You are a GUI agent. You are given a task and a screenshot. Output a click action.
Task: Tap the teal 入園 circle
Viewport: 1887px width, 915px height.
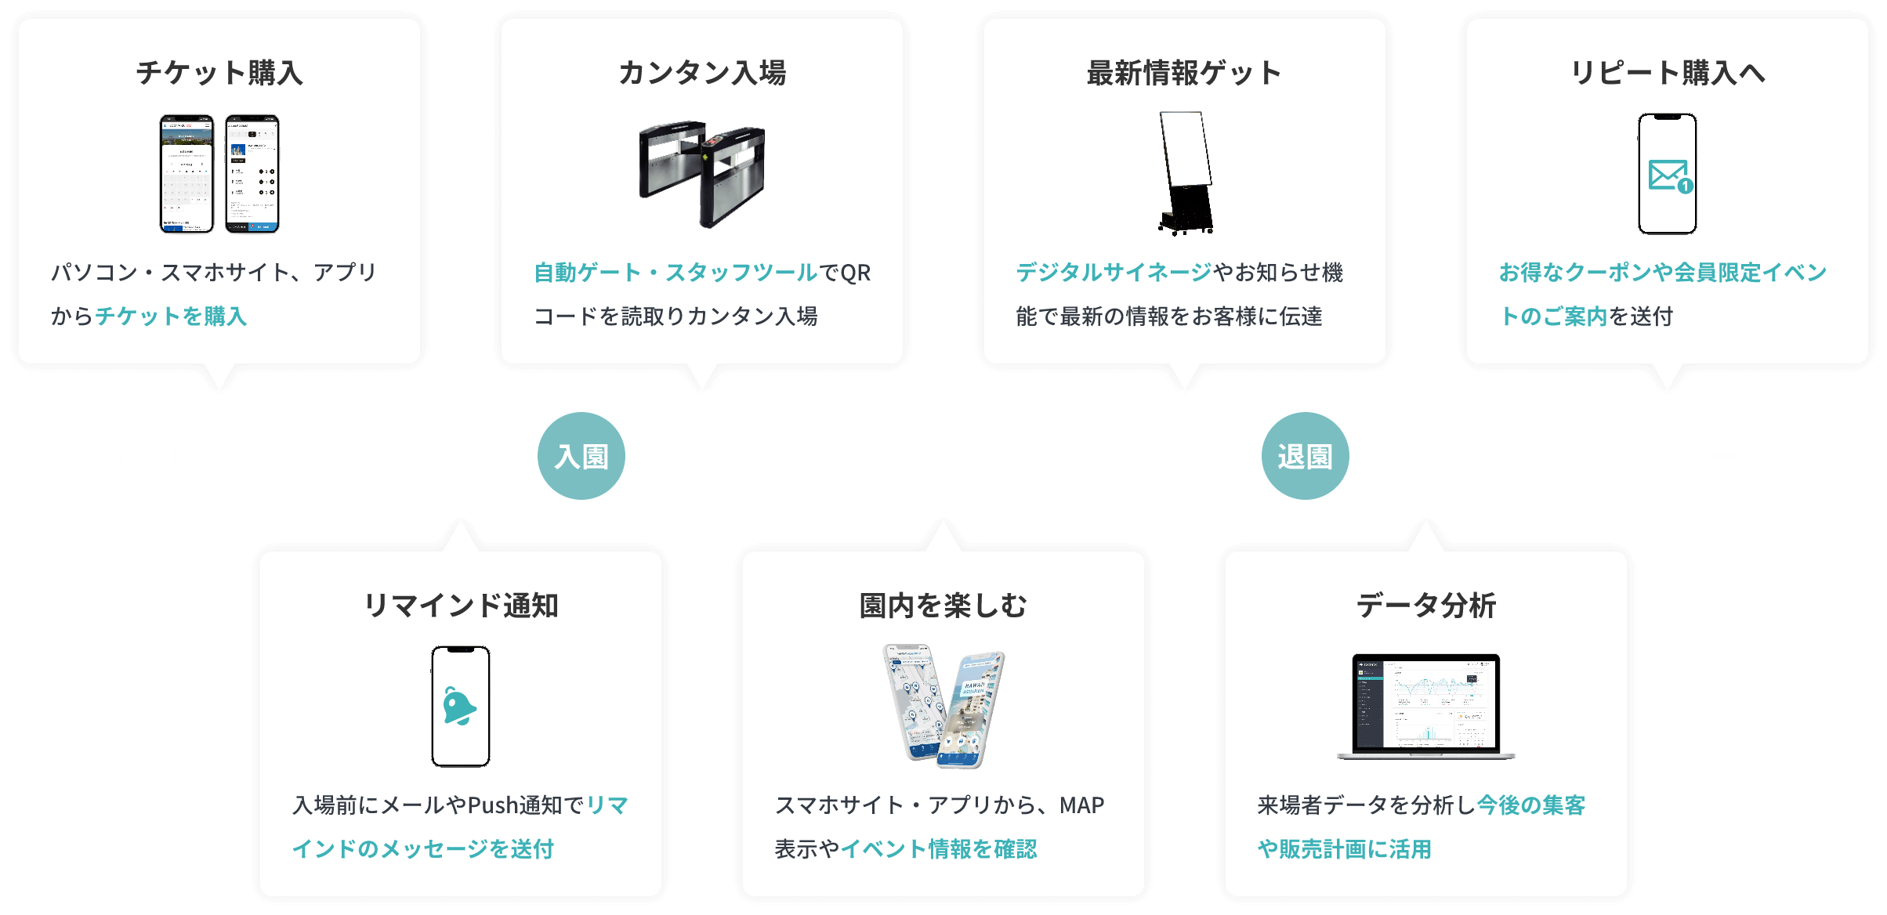coord(581,456)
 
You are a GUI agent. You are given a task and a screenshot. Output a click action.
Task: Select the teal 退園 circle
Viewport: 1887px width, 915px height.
coord(1305,456)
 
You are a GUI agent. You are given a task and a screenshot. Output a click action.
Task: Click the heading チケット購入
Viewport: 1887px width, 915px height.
coord(219,73)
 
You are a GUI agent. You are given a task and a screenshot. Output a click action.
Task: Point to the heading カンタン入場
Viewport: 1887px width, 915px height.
coord(702,73)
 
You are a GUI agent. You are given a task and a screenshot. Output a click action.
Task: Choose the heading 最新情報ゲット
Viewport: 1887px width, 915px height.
coord(1184,73)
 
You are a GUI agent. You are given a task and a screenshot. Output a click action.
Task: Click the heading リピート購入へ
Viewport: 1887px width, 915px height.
coord(1668,73)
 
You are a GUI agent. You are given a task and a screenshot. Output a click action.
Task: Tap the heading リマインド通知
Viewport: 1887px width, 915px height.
coord(461,606)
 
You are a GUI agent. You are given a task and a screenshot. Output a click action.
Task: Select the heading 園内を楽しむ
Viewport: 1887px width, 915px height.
coord(943,606)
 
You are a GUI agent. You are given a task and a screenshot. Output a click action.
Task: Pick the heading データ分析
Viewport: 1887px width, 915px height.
coord(1426,606)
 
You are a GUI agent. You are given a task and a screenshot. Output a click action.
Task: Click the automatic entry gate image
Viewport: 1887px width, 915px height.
coord(702,173)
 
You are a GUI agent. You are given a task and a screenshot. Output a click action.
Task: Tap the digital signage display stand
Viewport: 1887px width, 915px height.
coord(1186,173)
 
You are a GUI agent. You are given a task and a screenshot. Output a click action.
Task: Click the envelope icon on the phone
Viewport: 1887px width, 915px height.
coord(1669,175)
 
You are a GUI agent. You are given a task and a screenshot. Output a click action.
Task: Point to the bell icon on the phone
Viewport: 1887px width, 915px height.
coord(459,707)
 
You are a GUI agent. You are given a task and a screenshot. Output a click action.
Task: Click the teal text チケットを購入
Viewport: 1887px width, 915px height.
coord(171,316)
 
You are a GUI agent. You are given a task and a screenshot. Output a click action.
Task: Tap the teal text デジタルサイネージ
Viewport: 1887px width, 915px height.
coord(1114,273)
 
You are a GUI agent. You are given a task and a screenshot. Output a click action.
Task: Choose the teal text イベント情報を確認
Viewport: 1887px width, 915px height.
coord(939,849)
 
